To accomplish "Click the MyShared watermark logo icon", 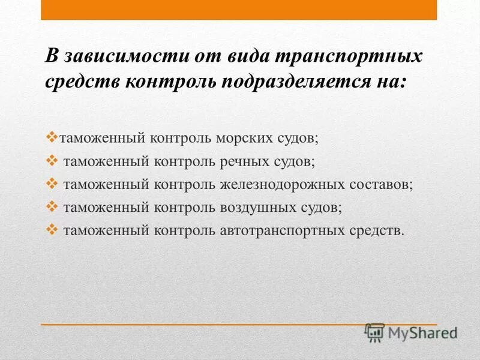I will coord(375,331).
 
